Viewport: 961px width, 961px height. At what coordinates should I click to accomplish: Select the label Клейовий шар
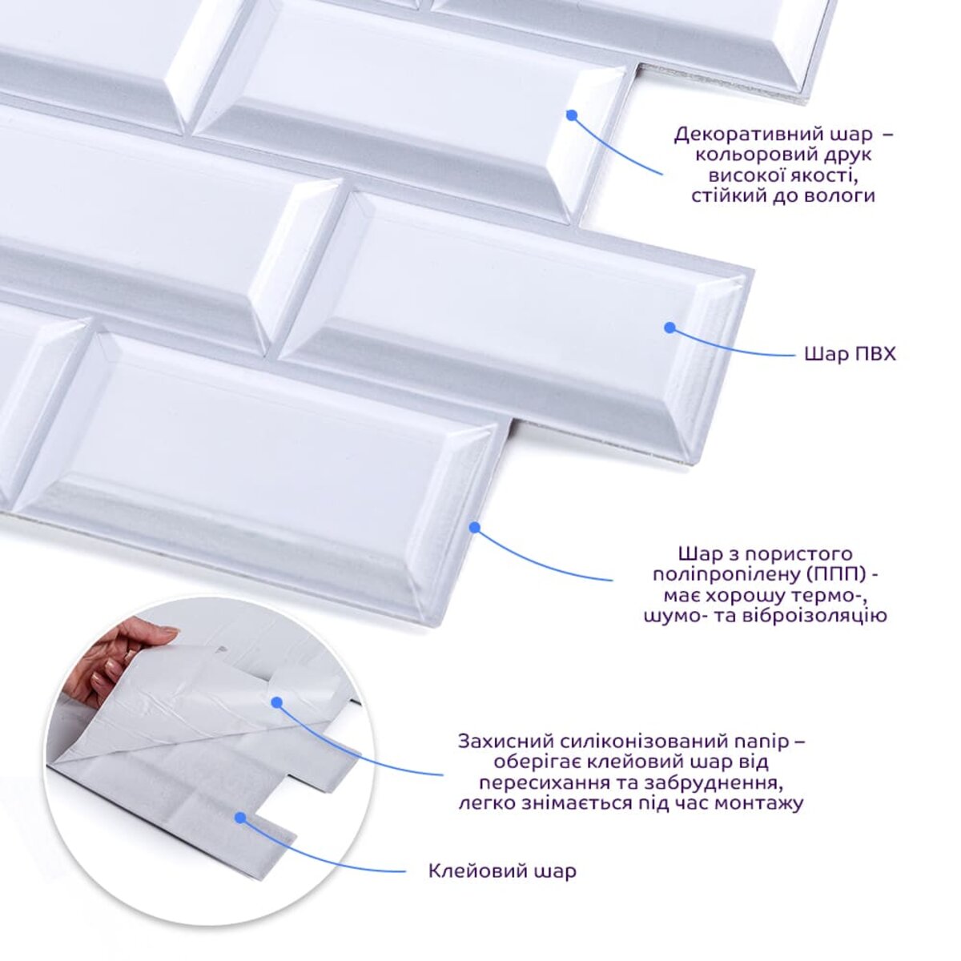point(503,885)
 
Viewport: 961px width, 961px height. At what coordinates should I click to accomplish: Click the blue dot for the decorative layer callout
point(572,115)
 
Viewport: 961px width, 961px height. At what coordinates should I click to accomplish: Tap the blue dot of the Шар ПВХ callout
point(669,328)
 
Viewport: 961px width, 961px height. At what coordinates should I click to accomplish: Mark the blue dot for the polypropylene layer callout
point(474,527)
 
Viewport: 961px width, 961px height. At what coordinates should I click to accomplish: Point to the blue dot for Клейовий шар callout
point(241,818)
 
